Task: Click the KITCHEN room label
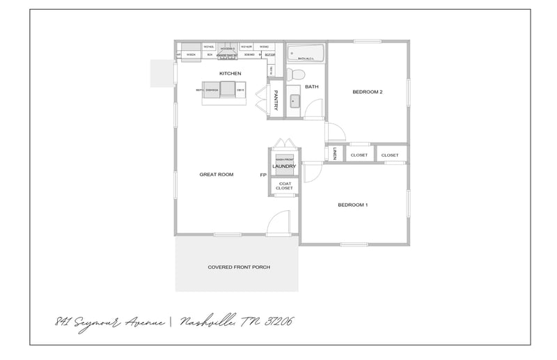click(230, 73)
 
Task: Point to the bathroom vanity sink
click(294, 102)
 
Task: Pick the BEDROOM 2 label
click(368, 92)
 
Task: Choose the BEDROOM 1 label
click(352, 205)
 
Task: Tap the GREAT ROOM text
click(216, 174)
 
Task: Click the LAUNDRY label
click(284, 166)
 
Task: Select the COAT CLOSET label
click(284, 186)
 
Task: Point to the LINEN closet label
click(334, 154)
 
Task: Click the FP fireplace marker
click(263, 175)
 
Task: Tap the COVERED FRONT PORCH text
click(239, 267)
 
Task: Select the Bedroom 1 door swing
click(311, 172)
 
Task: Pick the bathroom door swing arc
click(313, 110)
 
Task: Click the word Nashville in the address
click(209, 322)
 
